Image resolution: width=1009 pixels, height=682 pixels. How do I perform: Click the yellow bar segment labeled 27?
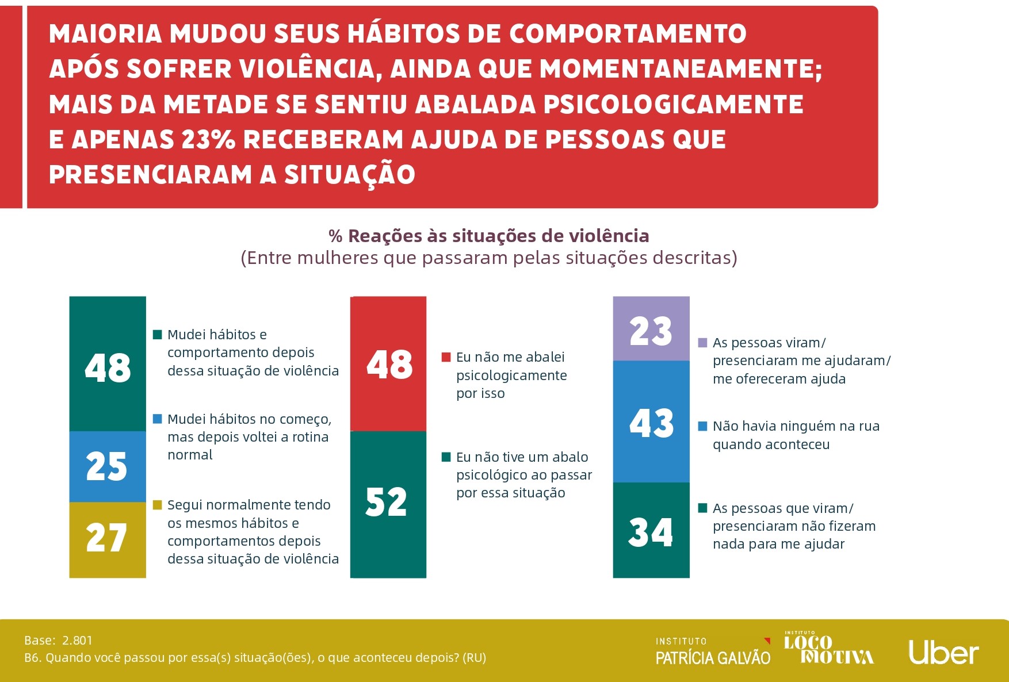pos(108,539)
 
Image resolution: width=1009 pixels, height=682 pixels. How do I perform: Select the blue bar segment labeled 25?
pos(108,466)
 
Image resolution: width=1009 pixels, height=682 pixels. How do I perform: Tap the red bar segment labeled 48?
pos(388,364)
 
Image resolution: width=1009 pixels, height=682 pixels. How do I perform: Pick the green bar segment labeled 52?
pos(388,504)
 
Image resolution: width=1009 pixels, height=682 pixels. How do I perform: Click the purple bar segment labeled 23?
pos(651,329)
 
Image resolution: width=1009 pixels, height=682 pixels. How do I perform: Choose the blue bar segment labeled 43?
pos(651,422)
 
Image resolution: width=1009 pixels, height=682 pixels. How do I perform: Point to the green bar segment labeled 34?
pos(651,530)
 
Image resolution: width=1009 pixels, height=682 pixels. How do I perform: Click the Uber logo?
pos(943,652)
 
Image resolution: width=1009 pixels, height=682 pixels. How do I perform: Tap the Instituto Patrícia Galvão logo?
pos(713,652)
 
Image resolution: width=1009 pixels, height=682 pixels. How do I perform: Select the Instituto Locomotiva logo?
pos(828,648)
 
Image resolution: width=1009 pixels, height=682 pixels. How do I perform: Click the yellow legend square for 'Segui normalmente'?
pos(157,505)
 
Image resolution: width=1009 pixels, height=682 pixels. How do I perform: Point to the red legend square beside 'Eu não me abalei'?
pos(446,357)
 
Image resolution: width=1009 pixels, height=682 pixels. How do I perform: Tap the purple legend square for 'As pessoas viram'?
pos(702,343)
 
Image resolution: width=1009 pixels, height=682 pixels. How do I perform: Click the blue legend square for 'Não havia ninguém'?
pos(702,426)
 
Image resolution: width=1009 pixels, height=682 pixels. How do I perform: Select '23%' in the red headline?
pos(208,140)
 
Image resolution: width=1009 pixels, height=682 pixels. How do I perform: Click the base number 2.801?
pos(77,641)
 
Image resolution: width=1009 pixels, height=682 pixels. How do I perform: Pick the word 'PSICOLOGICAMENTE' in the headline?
pos(673,105)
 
